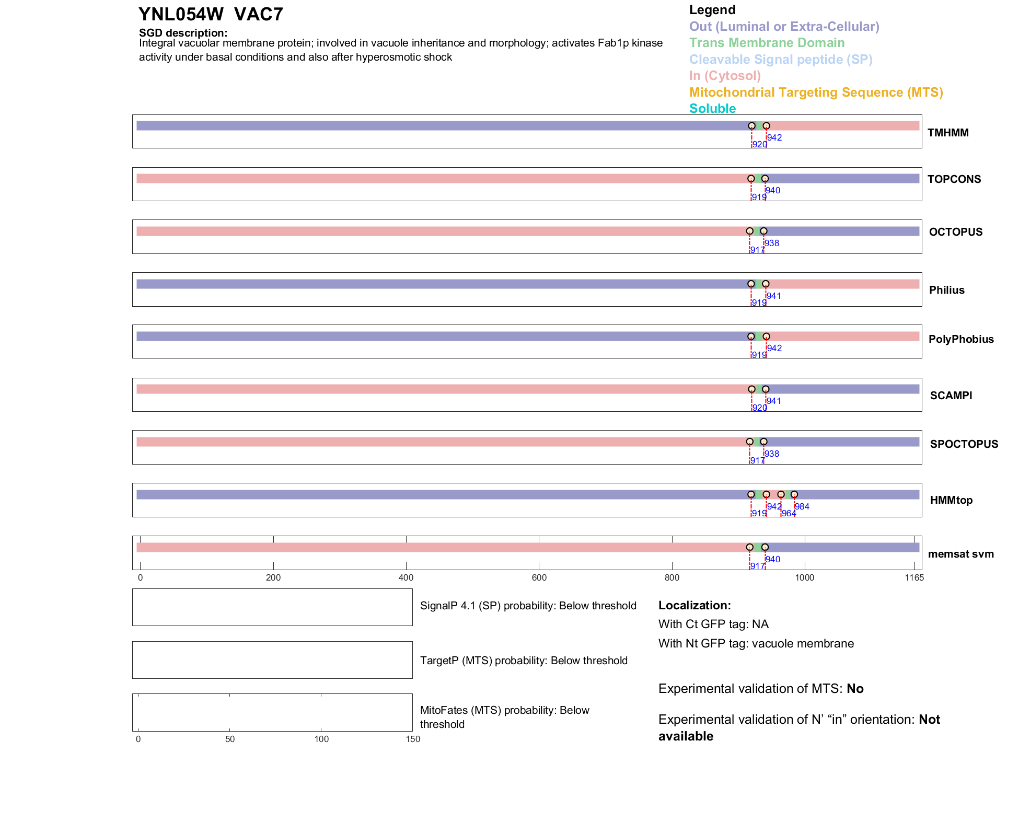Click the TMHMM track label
[947, 133]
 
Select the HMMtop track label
[951, 500]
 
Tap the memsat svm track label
[960, 554]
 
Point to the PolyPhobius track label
[960, 339]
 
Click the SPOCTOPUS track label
[964, 444]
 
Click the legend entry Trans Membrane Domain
[767, 43]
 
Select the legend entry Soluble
[712, 109]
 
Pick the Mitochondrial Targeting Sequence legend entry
[816, 92]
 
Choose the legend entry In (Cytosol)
[725, 76]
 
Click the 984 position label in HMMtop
[802, 506]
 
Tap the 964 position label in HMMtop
[789, 513]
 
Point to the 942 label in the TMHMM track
[774, 137]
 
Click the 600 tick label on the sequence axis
[539, 577]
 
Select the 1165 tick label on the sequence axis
[914, 577]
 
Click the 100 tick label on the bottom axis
[321, 739]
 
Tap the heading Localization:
[694, 605]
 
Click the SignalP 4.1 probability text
[528, 606]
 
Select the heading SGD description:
[183, 33]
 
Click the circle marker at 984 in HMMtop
[794, 494]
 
